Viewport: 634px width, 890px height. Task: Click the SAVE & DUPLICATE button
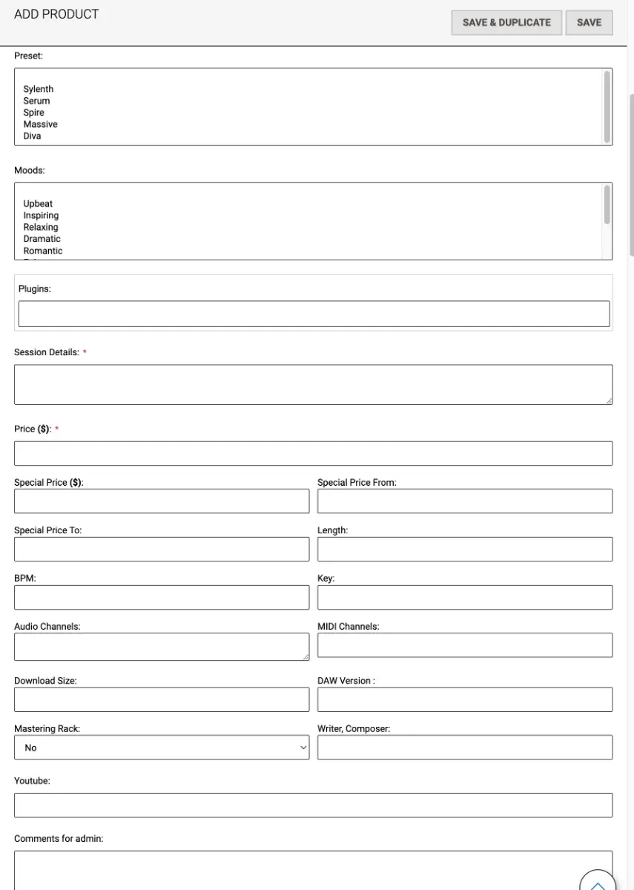(506, 22)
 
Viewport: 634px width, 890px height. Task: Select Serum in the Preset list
(36, 101)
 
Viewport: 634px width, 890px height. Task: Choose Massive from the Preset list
(40, 124)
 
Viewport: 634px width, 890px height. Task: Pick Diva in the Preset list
(32, 136)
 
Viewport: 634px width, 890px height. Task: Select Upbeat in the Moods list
(38, 204)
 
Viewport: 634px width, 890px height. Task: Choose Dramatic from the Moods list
(42, 239)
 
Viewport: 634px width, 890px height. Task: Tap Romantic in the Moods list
(43, 251)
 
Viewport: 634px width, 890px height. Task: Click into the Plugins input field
(314, 314)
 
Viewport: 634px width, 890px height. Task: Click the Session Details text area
(313, 384)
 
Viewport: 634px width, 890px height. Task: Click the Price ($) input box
(313, 453)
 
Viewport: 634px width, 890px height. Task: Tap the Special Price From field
(464, 501)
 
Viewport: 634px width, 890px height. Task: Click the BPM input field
(161, 597)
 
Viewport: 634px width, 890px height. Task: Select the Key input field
(464, 597)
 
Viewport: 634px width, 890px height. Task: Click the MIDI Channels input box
(464, 645)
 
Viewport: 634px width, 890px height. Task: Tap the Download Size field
(161, 699)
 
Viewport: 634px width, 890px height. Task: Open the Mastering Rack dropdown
(161, 748)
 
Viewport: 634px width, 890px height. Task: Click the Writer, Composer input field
(464, 748)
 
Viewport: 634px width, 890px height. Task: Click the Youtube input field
(313, 805)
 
